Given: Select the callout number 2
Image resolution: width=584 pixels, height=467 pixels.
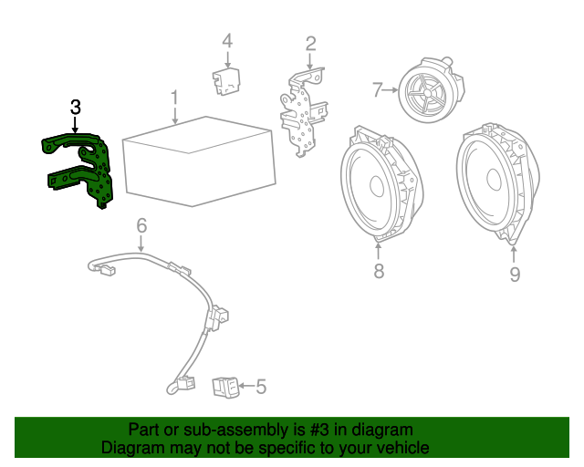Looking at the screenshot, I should click(310, 43).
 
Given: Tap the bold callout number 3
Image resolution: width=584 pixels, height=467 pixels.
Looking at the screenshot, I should click(75, 108).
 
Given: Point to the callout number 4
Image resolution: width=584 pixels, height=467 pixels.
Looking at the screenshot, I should click(227, 40).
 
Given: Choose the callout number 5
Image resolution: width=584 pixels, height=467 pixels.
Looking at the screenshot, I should click(261, 388).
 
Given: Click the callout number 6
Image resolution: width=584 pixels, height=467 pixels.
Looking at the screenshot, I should click(141, 225).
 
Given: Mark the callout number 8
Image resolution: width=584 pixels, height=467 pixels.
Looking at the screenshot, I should click(379, 271).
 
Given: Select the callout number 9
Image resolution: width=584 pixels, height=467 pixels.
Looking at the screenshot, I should click(515, 274).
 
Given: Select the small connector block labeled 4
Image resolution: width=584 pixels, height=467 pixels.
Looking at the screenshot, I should click(224, 80).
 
